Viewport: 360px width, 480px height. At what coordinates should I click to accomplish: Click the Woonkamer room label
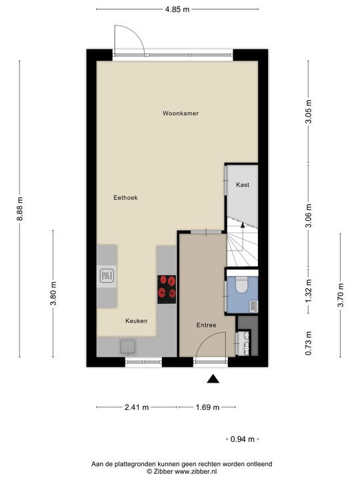click(180, 113)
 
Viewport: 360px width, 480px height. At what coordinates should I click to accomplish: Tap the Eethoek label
click(125, 198)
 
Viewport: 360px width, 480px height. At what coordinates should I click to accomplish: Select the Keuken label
click(136, 321)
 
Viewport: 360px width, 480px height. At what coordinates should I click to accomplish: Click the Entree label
click(206, 325)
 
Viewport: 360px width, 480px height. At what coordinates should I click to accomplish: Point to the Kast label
click(243, 185)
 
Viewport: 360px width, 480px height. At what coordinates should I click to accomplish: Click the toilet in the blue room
click(242, 285)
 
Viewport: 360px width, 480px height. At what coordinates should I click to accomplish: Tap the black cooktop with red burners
click(167, 289)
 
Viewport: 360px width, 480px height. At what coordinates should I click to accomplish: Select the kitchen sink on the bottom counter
click(128, 347)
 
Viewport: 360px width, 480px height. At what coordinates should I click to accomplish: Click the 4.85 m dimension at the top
click(177, 9)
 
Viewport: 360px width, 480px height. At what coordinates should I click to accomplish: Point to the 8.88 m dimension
click(20, 209)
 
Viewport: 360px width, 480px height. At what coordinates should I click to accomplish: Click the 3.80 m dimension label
click(53, 293)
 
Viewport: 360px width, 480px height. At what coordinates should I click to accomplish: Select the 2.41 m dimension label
click(137, 407)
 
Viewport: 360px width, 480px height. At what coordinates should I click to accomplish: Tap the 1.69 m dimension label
click(207, 407)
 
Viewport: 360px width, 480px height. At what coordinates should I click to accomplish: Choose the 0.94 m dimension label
click(243, 439)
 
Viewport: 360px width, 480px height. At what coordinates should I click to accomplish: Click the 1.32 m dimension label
click(309, 291)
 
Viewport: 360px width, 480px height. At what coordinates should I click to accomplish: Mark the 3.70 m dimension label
click(341, 295)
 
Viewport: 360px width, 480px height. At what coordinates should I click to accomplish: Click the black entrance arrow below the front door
click(213, 379)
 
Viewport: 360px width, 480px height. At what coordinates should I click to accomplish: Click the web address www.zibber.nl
click(195, 471)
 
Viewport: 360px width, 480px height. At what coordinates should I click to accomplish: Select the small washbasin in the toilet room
click(254, 307)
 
